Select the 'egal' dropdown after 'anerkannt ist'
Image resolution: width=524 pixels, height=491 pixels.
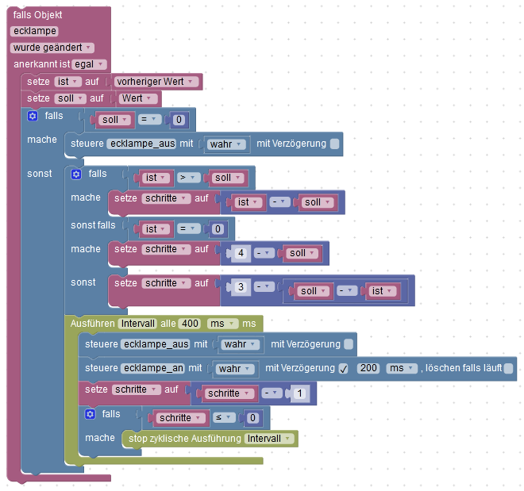(90, 63)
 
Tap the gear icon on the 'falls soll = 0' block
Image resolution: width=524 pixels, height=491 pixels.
(33, 116)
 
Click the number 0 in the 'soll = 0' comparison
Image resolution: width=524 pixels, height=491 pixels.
(179, 121)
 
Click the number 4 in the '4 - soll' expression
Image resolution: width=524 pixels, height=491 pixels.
(239, 253)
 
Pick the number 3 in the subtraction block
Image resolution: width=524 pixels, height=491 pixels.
(239, 286)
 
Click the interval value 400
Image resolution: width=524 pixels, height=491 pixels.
(189, 324)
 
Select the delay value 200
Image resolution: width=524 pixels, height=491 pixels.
(368, 369)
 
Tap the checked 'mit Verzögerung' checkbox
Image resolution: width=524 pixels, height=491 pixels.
(343, 369)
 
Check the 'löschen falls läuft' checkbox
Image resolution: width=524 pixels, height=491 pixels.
(508, 369)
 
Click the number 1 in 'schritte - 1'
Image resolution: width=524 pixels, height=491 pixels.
(299, 393)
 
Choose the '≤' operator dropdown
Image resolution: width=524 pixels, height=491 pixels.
(222, 417)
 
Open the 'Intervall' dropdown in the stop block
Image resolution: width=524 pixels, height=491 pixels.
(270, 439)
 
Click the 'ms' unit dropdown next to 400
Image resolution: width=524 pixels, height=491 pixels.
(222, 324)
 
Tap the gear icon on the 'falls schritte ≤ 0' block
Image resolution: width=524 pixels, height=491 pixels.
(90, 414)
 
